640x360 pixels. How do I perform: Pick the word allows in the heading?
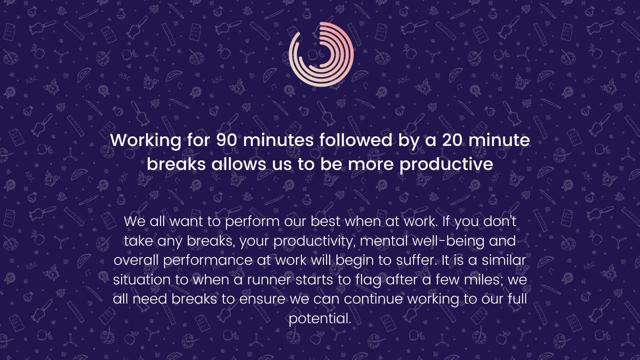[x=238, y=164]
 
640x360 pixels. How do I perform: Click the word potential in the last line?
[x=319, y=318]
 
